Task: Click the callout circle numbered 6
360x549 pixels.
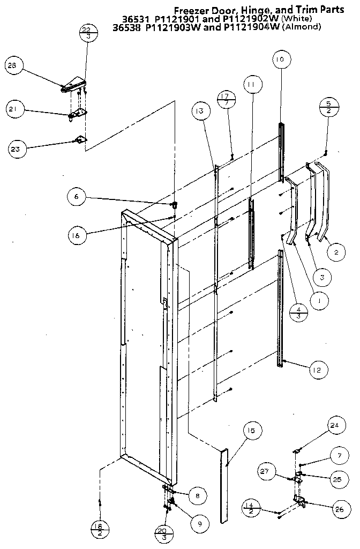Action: click(x=76, y=197)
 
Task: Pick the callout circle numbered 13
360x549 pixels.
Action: click(x=200, y=111)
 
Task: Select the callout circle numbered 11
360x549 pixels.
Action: click(x=252, y=85)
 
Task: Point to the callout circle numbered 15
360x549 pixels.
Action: click(x=252, y=431)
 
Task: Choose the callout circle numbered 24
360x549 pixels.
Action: click(x=335, y=426)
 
